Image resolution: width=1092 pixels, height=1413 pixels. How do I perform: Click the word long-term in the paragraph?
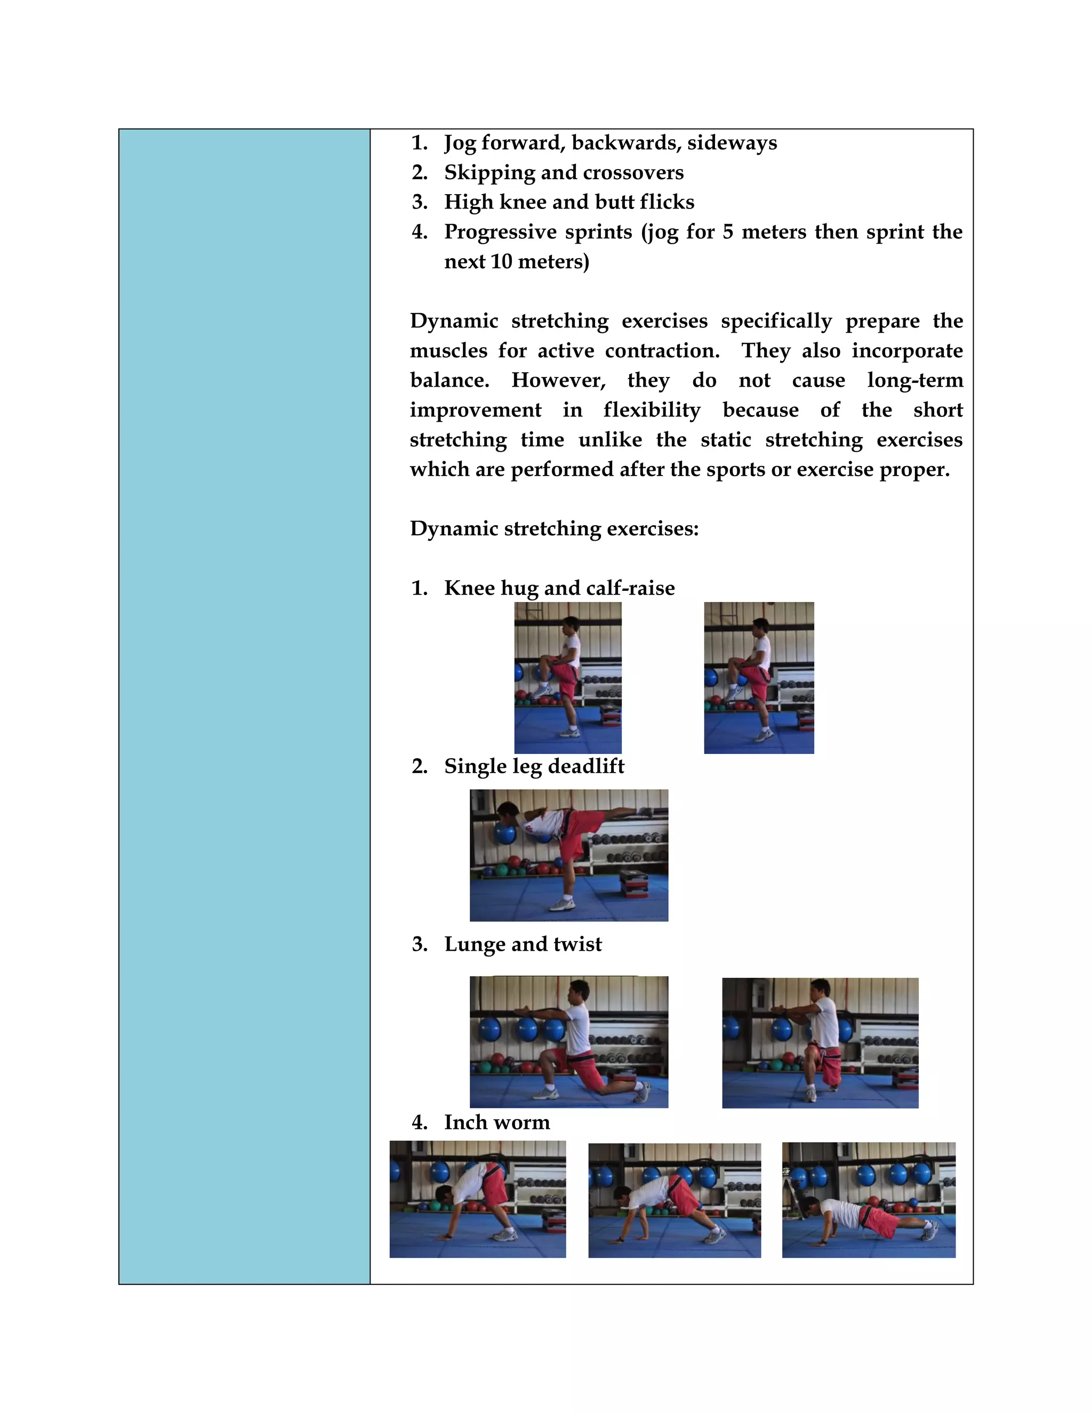(x=915, y=380)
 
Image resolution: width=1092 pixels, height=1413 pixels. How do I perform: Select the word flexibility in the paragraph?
(x=652, y=410)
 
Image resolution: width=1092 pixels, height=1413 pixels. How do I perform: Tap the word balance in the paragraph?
(x=449, y=380)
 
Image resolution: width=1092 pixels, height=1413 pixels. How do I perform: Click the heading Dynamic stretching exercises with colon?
(x=555, y=528)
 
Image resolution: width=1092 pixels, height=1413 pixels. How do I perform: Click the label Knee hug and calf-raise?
(x=559, y=588)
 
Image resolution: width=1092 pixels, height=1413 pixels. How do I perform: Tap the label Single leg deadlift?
(x=534, y=766)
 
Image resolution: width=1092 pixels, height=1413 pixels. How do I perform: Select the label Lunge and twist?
(x=523, y=944)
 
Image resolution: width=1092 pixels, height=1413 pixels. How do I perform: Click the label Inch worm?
(x=497, y=1122)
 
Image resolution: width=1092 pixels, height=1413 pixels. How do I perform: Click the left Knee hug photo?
(x=567, y=677)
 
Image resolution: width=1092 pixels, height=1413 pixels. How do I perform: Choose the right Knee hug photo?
(x=758, y=677)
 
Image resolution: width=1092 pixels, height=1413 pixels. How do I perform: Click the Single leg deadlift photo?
(x=568, y=855)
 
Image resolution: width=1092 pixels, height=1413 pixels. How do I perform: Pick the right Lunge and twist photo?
(x=820, y=1042)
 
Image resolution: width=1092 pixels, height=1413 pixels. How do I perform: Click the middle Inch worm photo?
(x=674, y=1200)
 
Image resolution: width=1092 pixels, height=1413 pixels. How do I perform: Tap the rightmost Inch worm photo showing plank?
(x=868, y=1200)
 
